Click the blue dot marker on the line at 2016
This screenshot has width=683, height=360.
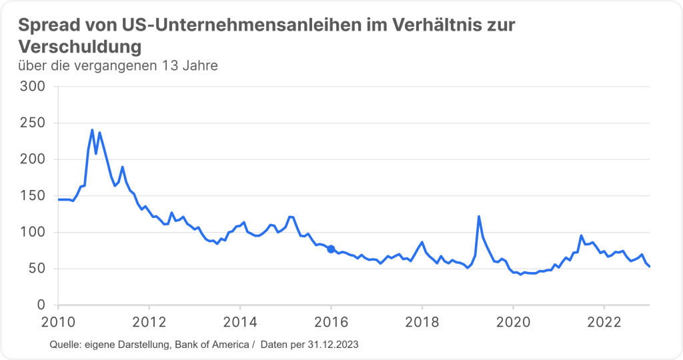coord(331,249)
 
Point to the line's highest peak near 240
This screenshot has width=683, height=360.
coord(92,130)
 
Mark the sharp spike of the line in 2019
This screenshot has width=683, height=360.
coord(479,217)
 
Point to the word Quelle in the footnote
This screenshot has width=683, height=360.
coord(65,344)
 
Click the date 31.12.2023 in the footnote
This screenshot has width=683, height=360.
coord(333,344)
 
